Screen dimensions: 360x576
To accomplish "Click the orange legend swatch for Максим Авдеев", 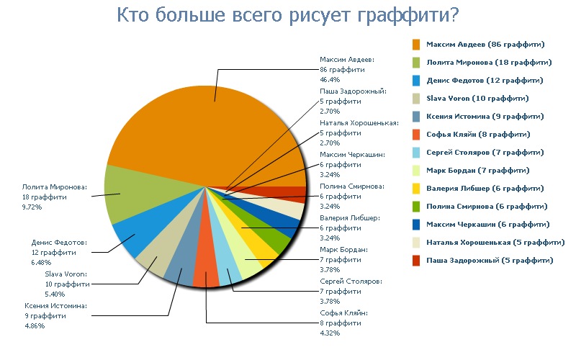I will pyautogui.click(x=417, y=45).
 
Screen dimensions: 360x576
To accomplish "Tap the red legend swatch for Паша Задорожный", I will pyautogui.click(x=417, y=260).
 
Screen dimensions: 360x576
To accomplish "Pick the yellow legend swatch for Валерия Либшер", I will pyautogui.click(x=417, y=188).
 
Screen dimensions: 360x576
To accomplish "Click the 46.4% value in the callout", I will pyautogui.click(x=330, y=80).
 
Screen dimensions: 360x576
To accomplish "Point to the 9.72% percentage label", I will pyautogui.click(x=32, y=207).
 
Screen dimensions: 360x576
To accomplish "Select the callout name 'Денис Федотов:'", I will pyautogui.click(x=59, y=243).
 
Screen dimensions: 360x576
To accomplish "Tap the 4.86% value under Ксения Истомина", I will pyautogui.click(x=35, y=326).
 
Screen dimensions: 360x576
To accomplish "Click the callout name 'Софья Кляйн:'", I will pyautogui.click(x=343, y=313).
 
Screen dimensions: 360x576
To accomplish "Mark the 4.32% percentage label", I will pyautogui.click(x=330, y=333).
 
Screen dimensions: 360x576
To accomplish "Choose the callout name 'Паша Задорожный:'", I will pyautogui.click(x=353, y=91).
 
